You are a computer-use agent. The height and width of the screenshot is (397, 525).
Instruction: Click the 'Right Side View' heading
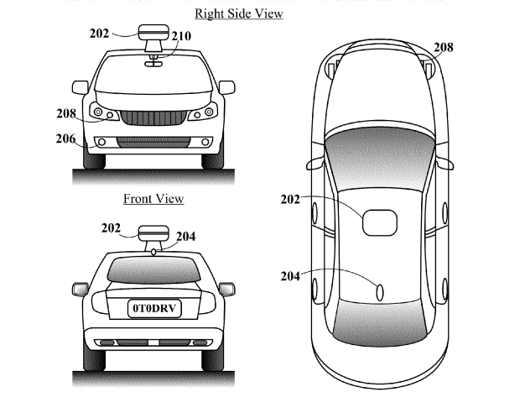pyautogui.click(x=239, y=13)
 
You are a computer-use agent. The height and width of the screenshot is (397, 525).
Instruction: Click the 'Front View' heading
pyautogui.click(x=153, y=199)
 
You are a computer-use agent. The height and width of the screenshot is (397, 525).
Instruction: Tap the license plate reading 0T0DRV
pyautogui.click(x=154, y=308)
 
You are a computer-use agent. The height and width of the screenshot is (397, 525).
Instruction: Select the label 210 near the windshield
pyautogui.click(x=181, y=36)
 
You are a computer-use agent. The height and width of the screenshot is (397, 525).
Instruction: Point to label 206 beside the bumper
pyautogui.click(x=65, y=138)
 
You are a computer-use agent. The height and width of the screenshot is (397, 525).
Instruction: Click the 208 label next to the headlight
pyautogui.click(x=66, y=113)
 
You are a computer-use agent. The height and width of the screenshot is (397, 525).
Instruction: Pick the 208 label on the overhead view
pyautogui.click(x=444, y=47)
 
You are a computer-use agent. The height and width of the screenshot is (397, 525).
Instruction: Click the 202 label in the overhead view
pyautogui.click(x=290, y=200)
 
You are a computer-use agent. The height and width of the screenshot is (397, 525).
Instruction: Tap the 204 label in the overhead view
pyautogui.click(x=290, y=276)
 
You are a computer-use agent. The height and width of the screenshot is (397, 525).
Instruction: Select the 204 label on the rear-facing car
pyautogui.click(x=186, y=237)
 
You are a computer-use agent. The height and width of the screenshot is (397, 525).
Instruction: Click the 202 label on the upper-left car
pyautogui.click(x=99, y=34)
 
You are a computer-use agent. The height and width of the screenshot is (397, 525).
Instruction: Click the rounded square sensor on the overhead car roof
pyautogui.click(x=380, y=222)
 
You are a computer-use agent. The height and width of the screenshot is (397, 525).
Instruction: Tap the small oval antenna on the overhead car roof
pyautogui.click(x=380, y=292)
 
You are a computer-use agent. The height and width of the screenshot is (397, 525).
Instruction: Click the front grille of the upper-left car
pyautogui.click(x=153, y=118)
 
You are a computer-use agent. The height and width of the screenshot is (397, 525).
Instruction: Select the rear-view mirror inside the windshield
pyautogui.click(x=153, y=63)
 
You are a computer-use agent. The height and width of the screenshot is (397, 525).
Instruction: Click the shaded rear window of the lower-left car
pyautogui.click(x=153, y=269)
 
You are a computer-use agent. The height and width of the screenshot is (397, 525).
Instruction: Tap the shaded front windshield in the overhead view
pyautogui.click(x=380, y=158)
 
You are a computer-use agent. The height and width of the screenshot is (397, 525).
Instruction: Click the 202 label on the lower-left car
pyautogui.click(x=111, y=228)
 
